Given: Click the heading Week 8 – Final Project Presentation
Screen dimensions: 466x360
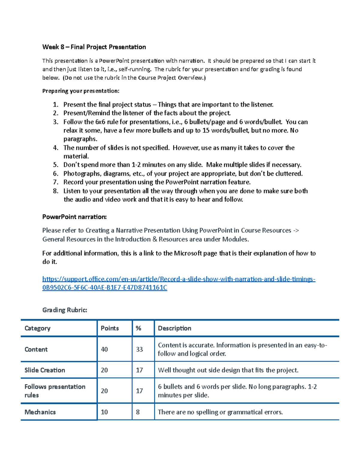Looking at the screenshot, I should tap(94, 47).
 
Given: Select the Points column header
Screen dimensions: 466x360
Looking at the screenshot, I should tap(109, 328).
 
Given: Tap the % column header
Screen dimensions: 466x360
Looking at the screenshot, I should tap(138, 328).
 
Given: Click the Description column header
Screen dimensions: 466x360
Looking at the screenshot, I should tap(174, 328).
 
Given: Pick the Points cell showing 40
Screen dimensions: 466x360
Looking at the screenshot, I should tap(104, 349).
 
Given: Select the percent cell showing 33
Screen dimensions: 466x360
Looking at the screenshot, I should tap(139, 349).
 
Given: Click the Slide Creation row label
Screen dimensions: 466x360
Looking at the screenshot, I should tap(45, 370).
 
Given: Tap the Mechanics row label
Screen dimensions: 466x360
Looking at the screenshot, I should tap(40, 412).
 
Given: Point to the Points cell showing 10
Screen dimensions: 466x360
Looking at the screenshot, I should tap(104, 412).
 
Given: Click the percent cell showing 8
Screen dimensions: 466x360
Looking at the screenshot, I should tap(138, 412).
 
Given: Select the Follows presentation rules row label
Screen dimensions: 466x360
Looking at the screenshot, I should tap(55, 391).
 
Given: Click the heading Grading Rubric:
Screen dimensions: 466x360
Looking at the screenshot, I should tap(64, 310).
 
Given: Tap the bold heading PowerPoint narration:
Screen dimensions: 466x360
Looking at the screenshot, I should tap(74, 217).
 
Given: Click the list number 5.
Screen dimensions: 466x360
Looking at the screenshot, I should tap(55, 165).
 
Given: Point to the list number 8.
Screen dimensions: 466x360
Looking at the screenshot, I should tap(55, 191).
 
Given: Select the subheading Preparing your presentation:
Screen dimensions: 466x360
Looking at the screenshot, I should tap(81, 91).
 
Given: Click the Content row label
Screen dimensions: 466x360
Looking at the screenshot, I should tap(36, 349).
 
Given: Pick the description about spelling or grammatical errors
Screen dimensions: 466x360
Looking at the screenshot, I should tap(220, 412).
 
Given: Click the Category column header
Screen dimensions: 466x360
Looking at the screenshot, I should tap(37, 328).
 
